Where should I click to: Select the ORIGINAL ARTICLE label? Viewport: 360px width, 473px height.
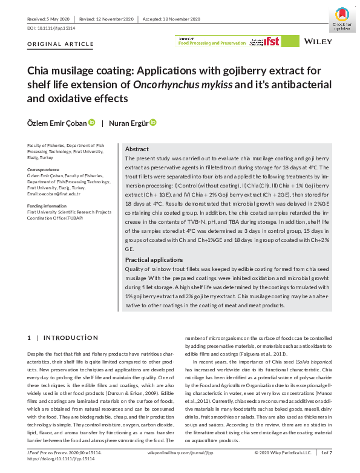[61, 44]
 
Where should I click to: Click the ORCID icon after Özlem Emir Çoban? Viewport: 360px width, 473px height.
[92, 123]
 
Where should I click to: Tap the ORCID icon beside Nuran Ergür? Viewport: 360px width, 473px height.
[153, 123]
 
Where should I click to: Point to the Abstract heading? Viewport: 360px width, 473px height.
[136, 149]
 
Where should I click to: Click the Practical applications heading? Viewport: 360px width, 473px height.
[154, 276]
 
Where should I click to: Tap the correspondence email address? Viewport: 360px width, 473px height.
[54, 194]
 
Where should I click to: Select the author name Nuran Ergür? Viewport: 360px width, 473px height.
[128, 123]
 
